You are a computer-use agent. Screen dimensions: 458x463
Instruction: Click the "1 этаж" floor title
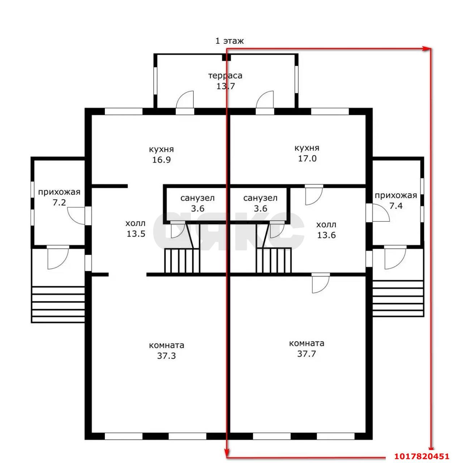(x=229, y=41)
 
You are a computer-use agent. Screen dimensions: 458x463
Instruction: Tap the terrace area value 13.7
(x=225, y=86)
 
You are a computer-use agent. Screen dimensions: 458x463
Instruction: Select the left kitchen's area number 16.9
(x=161, y=160)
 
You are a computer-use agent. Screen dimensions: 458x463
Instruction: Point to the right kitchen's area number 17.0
(x=307, y=158)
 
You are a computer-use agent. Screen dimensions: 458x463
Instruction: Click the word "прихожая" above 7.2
(x=59, y=192)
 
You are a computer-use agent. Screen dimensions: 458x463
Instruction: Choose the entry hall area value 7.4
(x=396, y=206)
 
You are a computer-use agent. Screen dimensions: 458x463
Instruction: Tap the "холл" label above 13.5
(x=136, y=224)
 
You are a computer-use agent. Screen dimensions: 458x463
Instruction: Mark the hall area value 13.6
(x=326, y=235)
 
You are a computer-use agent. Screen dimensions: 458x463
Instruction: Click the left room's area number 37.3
(x=166, y=356)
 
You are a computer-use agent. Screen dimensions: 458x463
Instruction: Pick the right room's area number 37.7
(x=307, y=354)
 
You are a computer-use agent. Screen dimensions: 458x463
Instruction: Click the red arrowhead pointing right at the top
(x=427, y=49)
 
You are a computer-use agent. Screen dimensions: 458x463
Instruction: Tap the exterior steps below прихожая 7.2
(x=58, y=304)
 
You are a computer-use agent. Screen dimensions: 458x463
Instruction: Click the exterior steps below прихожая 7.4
(x=398, y=298)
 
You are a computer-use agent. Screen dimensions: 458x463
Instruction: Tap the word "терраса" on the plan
(x=225, y=76)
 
